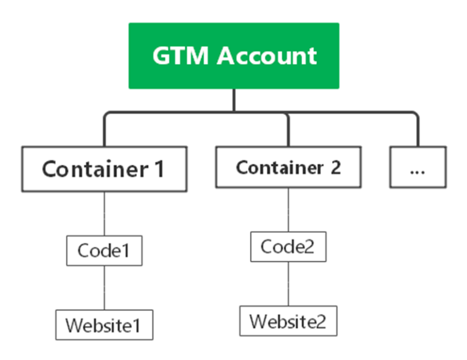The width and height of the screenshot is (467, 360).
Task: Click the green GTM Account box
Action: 233,56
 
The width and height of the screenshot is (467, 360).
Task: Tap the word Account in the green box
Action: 268,56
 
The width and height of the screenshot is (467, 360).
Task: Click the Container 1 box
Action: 103,168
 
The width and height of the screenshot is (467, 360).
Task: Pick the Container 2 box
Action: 288,167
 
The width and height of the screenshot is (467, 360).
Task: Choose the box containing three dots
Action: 417,167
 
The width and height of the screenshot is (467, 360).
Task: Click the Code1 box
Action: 103,251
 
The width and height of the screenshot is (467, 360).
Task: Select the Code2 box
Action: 288,246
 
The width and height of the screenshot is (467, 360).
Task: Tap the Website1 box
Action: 103,325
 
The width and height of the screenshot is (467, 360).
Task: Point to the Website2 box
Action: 288,320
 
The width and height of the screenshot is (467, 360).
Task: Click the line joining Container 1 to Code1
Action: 104,213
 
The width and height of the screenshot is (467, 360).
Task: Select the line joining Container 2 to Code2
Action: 288,210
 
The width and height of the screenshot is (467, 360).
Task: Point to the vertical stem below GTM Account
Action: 233,100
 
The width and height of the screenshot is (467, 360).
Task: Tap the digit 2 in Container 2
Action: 336,167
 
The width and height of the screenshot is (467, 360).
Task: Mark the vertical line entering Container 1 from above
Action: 104,133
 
